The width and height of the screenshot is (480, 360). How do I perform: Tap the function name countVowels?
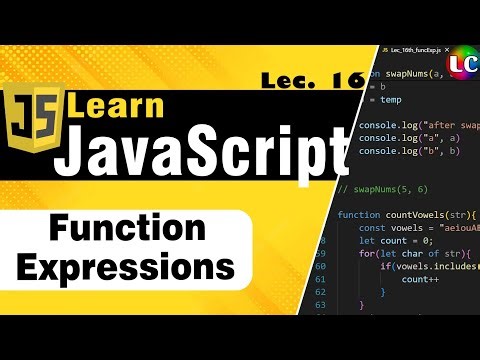coord(421,215)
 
